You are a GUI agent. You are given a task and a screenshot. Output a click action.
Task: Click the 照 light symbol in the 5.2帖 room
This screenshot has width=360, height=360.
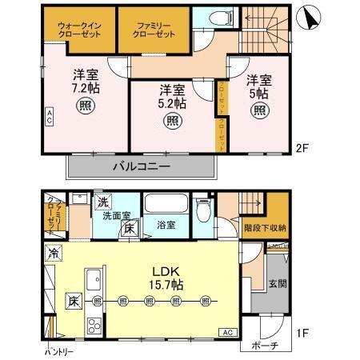coord(172,121)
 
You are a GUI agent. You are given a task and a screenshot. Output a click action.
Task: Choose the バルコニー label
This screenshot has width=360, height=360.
coord(140,166)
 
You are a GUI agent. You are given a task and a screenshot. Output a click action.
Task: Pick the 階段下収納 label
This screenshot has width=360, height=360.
coord(264,228)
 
